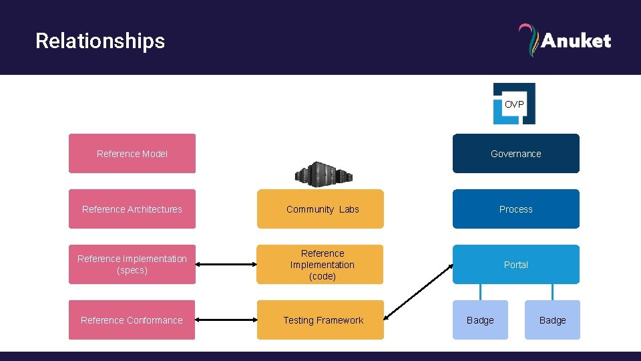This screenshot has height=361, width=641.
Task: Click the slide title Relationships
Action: (x=100, y=41)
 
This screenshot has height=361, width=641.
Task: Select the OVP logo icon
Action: (x=514, y=104)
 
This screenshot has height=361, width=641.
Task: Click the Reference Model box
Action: (x=132, y=154)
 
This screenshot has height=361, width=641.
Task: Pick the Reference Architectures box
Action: (x=132, y=209)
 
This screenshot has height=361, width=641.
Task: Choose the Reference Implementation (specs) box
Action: (x=132, y=265)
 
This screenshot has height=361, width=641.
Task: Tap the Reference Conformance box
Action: (x=132, y=320)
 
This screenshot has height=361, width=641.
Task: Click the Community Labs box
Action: (x=323, y=209)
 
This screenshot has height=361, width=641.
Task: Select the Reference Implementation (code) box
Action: (x=323, y=265)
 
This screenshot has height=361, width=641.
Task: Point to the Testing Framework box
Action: (x=323, y=320)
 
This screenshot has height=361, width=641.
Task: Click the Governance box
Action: (x=515, y=154)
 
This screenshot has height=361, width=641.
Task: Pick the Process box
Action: (x=515, y=209)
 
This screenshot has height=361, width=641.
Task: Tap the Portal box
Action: (x=515, y=265)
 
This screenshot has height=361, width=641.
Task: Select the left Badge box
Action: (x=480, y=320)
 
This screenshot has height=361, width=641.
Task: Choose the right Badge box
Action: (x=552, y=320)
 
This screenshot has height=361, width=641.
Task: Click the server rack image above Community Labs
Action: (x=323, y=173)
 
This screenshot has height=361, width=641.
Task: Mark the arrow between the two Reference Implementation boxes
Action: (x=226, y=265)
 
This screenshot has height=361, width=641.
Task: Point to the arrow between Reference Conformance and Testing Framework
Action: (x=226, y=320)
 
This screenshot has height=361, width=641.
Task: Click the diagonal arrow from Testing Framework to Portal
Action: (x=419, y=291)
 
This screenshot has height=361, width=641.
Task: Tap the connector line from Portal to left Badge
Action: (x=480, y=292)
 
